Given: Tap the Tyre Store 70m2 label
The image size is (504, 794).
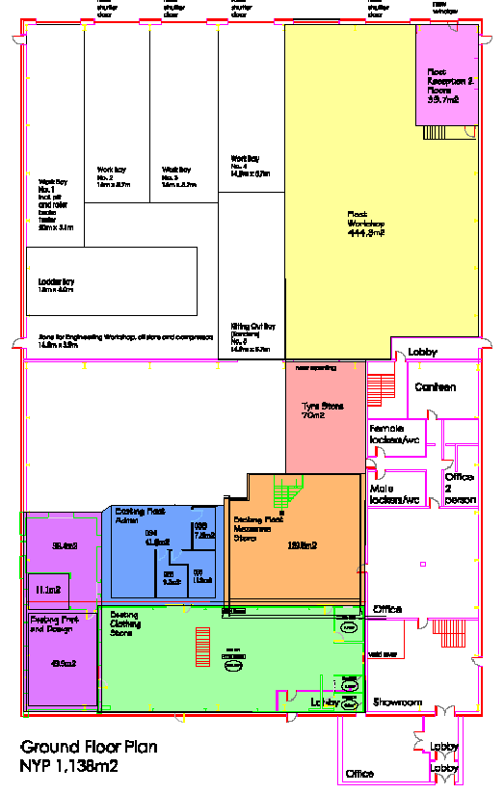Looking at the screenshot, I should pos(323,411).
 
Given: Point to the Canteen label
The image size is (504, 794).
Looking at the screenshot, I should pos(434,387).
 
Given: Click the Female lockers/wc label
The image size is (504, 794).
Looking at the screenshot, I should pos(395,434).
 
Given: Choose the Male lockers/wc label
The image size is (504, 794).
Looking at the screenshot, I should pos(395,494).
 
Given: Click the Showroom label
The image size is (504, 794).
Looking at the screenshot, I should pos(398,702).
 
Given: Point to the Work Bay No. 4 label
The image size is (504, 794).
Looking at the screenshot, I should pos(246,166).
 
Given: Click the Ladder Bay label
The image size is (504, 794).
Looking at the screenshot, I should pos(56,285).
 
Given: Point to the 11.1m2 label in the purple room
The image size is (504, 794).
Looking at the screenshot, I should pos(48,590).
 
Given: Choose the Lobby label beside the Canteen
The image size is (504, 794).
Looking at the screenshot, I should pos(422,352).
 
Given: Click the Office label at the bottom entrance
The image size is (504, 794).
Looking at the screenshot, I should pos(359,774).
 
